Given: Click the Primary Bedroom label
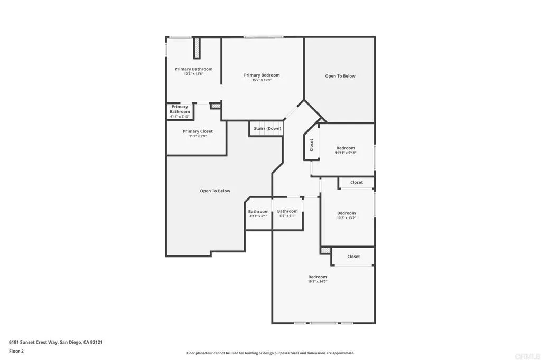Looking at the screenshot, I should click(x=262, y=75).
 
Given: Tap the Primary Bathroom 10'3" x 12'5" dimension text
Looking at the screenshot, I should click(x=193, y=74).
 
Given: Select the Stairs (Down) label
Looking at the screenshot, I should click(x=267, y=128).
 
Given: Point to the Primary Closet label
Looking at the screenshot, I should click(x=198, y=131).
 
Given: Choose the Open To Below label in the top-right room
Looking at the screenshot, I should click(x=340, y=76).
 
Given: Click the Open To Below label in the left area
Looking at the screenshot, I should click(x=215, y=191).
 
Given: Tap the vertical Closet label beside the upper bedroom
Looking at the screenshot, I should click(x=311, y=145).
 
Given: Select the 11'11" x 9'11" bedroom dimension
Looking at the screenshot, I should click(x=346, y=153).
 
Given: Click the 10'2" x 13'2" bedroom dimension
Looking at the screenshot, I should click(x=347, y=217).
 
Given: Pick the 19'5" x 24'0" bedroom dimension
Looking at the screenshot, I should click(x=318, y=281).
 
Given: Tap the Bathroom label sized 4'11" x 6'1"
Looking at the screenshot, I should click(x=258, y=212).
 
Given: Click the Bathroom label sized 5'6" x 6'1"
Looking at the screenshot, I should click(x=287, y=211).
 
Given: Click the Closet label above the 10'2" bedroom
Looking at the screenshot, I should click(x=357, y=182).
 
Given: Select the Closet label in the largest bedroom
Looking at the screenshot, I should click(x=353, y=257).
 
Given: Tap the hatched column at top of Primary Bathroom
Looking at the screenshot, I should click(x=197, y=48).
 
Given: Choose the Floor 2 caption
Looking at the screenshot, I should click(x=16, y=351).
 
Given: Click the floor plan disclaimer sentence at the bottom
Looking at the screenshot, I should click(x=270, y=353).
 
